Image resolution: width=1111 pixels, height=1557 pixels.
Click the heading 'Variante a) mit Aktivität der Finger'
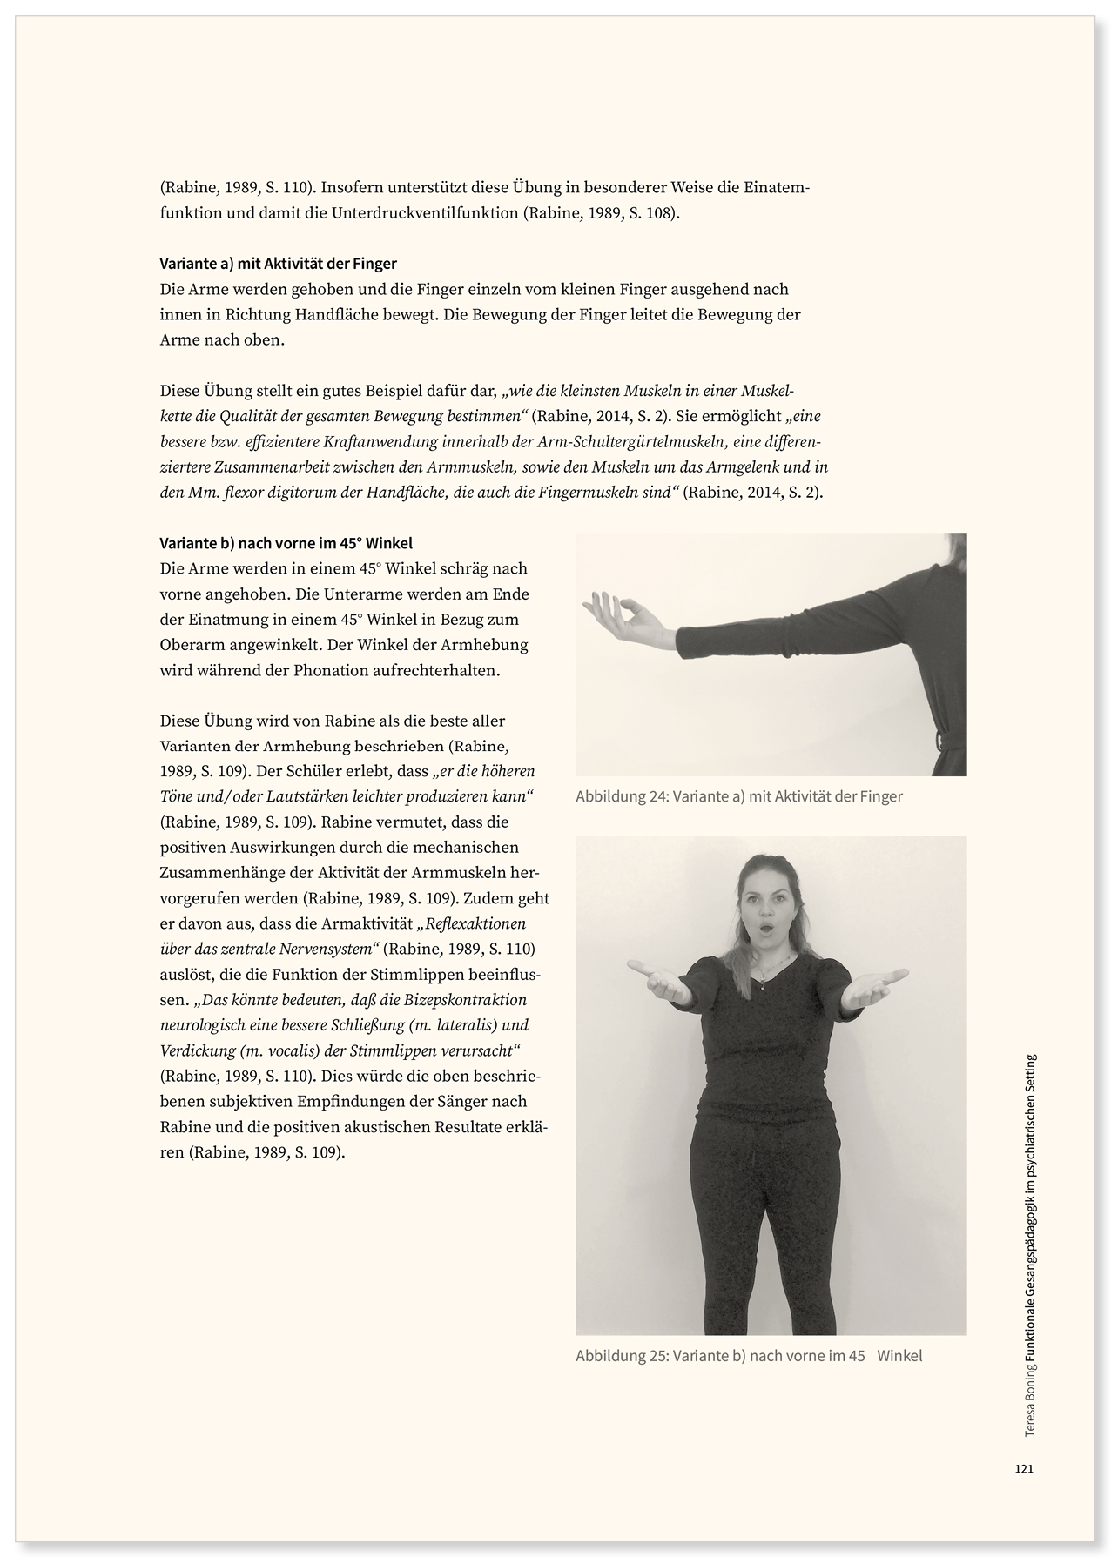[x=279, y=263]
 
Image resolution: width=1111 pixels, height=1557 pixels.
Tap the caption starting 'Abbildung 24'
[x=739, y=796]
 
